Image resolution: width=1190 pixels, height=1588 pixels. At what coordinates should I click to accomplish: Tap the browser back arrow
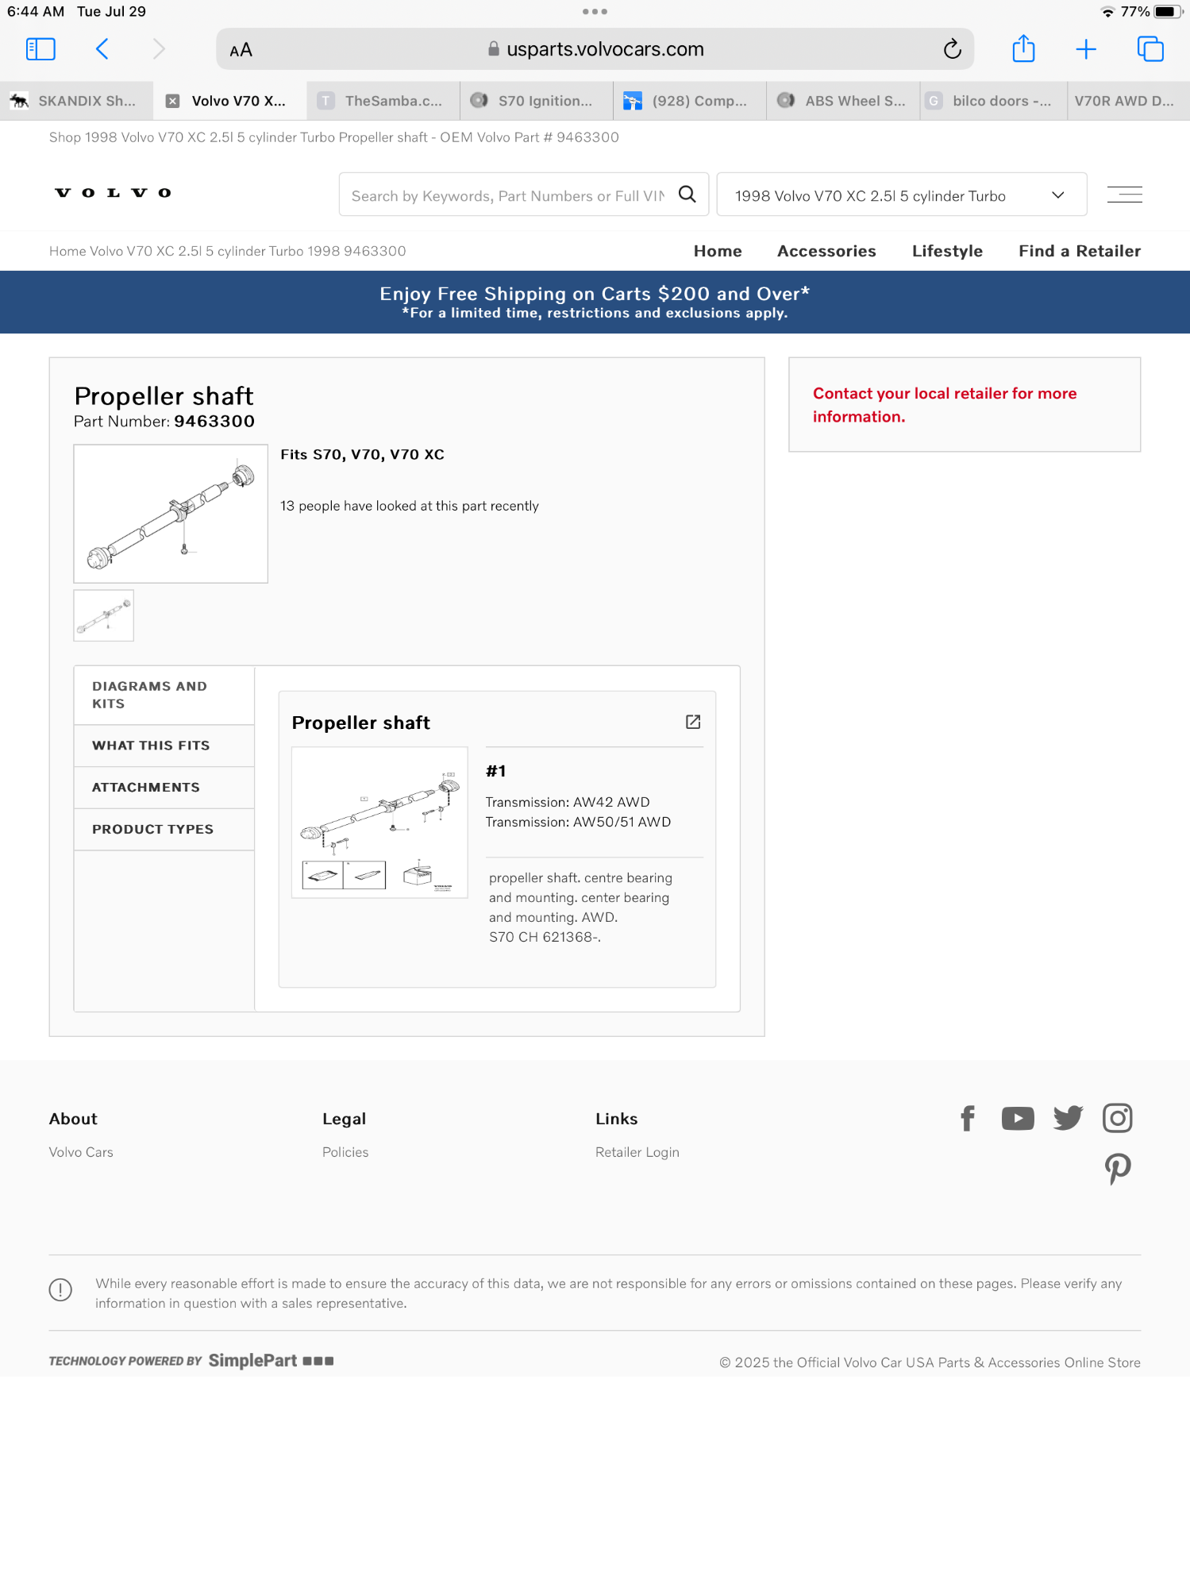coord(102,49)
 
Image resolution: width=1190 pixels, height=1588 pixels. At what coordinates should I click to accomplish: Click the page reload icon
coord(952,49)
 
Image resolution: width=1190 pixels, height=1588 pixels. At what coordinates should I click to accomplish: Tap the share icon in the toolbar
coord(1023,48)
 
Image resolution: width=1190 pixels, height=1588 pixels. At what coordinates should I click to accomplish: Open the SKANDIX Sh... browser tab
coord(76,101)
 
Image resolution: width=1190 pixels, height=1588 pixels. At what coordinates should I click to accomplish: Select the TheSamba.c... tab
coord(383,101)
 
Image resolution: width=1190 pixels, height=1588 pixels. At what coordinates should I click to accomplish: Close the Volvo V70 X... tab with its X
coord(172,101)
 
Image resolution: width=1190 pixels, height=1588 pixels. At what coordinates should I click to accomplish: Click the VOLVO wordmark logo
coord(113,193)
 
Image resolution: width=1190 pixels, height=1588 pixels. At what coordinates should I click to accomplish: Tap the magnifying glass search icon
coord(687,195)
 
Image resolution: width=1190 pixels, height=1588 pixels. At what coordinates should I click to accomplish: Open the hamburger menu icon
coord(1124,195)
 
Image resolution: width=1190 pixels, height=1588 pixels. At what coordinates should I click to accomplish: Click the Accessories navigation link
coord(826,251)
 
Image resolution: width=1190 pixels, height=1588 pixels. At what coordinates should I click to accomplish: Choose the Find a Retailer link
coord(1080,251)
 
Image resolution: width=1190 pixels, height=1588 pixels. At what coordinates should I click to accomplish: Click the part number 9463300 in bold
coord(214,422)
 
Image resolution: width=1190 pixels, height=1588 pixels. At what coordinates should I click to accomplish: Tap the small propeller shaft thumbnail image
coord(104,615)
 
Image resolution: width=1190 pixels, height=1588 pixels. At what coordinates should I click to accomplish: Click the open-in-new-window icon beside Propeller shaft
coord(693,722)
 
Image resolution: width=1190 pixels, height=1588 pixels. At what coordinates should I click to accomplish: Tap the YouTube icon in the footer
coord(1018,1118)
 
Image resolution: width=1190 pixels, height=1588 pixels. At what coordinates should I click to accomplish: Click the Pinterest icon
coord(1118,1169)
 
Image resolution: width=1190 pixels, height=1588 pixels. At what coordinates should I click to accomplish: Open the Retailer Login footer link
coord(637,1152)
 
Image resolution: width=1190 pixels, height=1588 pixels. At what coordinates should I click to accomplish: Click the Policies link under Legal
coord(345,1152)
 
